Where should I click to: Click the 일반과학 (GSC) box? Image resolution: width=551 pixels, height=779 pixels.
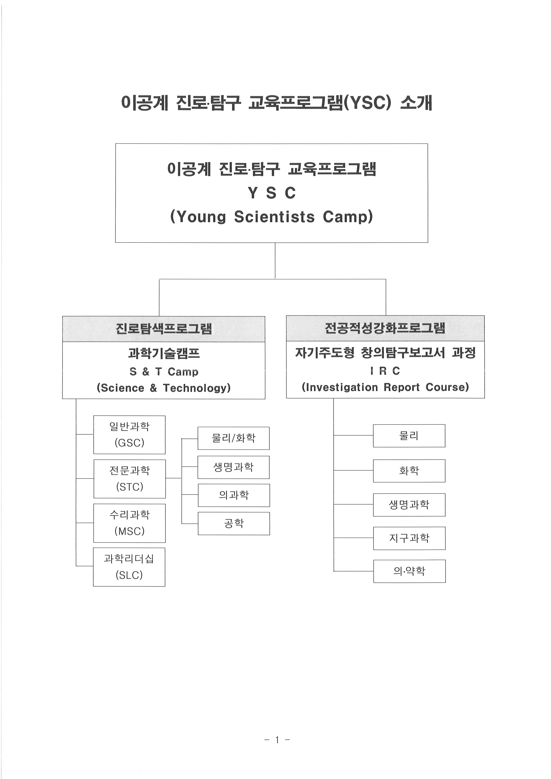(129, 435)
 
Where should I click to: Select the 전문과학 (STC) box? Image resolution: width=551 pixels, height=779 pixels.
(130, 479)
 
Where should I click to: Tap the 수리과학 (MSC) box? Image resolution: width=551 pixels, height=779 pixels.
(130, 523)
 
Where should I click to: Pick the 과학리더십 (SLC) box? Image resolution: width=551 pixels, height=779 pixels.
(129, 567)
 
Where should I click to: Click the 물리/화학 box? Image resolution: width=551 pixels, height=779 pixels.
(234, 438)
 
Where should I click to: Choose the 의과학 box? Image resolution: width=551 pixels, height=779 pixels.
(234, 495)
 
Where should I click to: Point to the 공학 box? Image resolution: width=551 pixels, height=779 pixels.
(234, 524)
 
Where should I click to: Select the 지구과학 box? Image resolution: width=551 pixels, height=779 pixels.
(409, 538)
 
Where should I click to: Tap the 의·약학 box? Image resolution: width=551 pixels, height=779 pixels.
(409, 571)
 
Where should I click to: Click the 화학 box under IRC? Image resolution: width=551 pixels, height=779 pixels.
(409, 471)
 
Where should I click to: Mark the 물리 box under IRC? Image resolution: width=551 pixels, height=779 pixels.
(409, 436)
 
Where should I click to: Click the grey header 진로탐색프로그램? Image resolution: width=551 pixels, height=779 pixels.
(164, 329)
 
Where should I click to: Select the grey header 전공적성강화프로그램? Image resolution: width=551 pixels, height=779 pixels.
(385, 328)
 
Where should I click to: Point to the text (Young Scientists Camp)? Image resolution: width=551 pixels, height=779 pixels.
(272, 217)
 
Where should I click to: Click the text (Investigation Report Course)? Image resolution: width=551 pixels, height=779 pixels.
(385, 387)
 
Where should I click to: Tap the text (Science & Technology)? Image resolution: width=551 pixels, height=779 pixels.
(164, 388)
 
